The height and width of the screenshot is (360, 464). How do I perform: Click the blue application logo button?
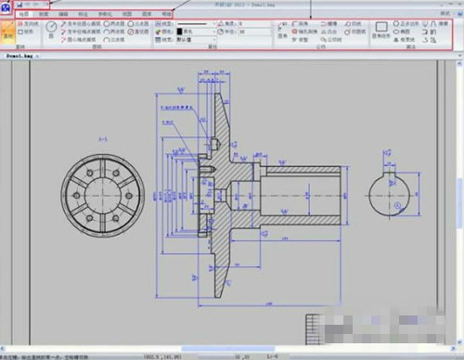pos(7,6)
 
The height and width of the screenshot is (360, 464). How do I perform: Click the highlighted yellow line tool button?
pos(8,36)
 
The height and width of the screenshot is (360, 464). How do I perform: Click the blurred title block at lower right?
pos(371,329)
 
